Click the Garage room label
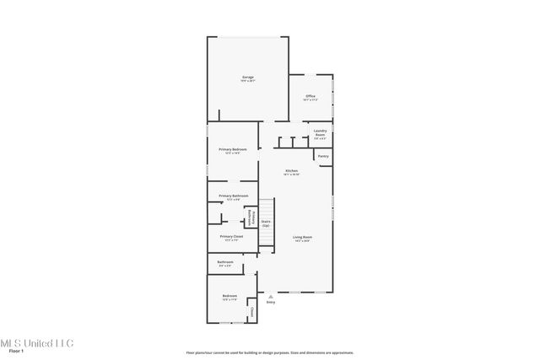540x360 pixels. click(x=248, y=77)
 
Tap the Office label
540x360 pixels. click(x=310, y=96)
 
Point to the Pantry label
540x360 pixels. click(x=323, y=156)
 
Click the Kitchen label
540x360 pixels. click(x=291, y=171)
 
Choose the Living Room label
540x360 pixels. click(x=302, y=237)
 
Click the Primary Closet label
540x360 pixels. click(x=232, y=237)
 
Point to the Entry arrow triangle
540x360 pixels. click(x=270, y=297)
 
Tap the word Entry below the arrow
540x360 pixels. click(x=271, y=303)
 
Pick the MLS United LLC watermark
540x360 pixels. click(x=37, y=343)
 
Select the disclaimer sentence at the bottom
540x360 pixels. click(x=270, y=352)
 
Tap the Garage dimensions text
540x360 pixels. click(x=248, y=81)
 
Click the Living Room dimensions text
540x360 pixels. click(x=302, y=241)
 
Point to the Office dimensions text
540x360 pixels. click(x=310, y=100)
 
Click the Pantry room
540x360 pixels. click(x=323, y=157)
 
